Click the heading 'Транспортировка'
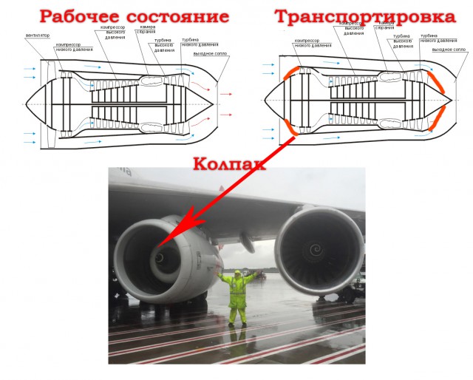(x=365, y=16)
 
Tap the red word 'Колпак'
(x=228, y=163)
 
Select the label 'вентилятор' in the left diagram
(x=38, y=35)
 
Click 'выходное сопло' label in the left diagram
(x=209, y=53)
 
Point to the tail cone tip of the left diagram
(x=217, y=103)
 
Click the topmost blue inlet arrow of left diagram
(x=30, y=69)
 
